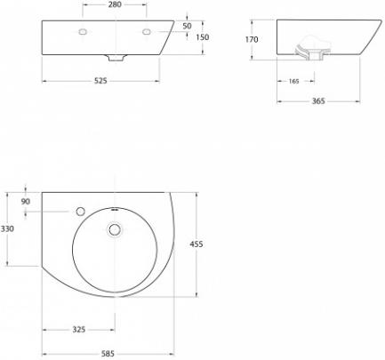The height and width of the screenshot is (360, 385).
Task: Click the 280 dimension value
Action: [x=115, y=4]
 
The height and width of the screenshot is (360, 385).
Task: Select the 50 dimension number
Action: [x=187, y=26]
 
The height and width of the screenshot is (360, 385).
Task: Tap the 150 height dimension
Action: [x=203, y=37]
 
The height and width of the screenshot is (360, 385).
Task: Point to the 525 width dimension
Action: [x=100, y=81]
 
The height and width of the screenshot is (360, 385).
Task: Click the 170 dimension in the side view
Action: [x=252, y=39]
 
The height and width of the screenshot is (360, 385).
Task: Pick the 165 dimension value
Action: [x=293, y=81]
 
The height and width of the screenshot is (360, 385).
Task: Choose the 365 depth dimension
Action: [x=318, y=101]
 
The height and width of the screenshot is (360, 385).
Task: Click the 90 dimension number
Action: [x=26, y=202]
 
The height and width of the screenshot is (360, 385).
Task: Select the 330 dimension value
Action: [x=7, y=228]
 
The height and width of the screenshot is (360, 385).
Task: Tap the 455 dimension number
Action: [x=197, y=244]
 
